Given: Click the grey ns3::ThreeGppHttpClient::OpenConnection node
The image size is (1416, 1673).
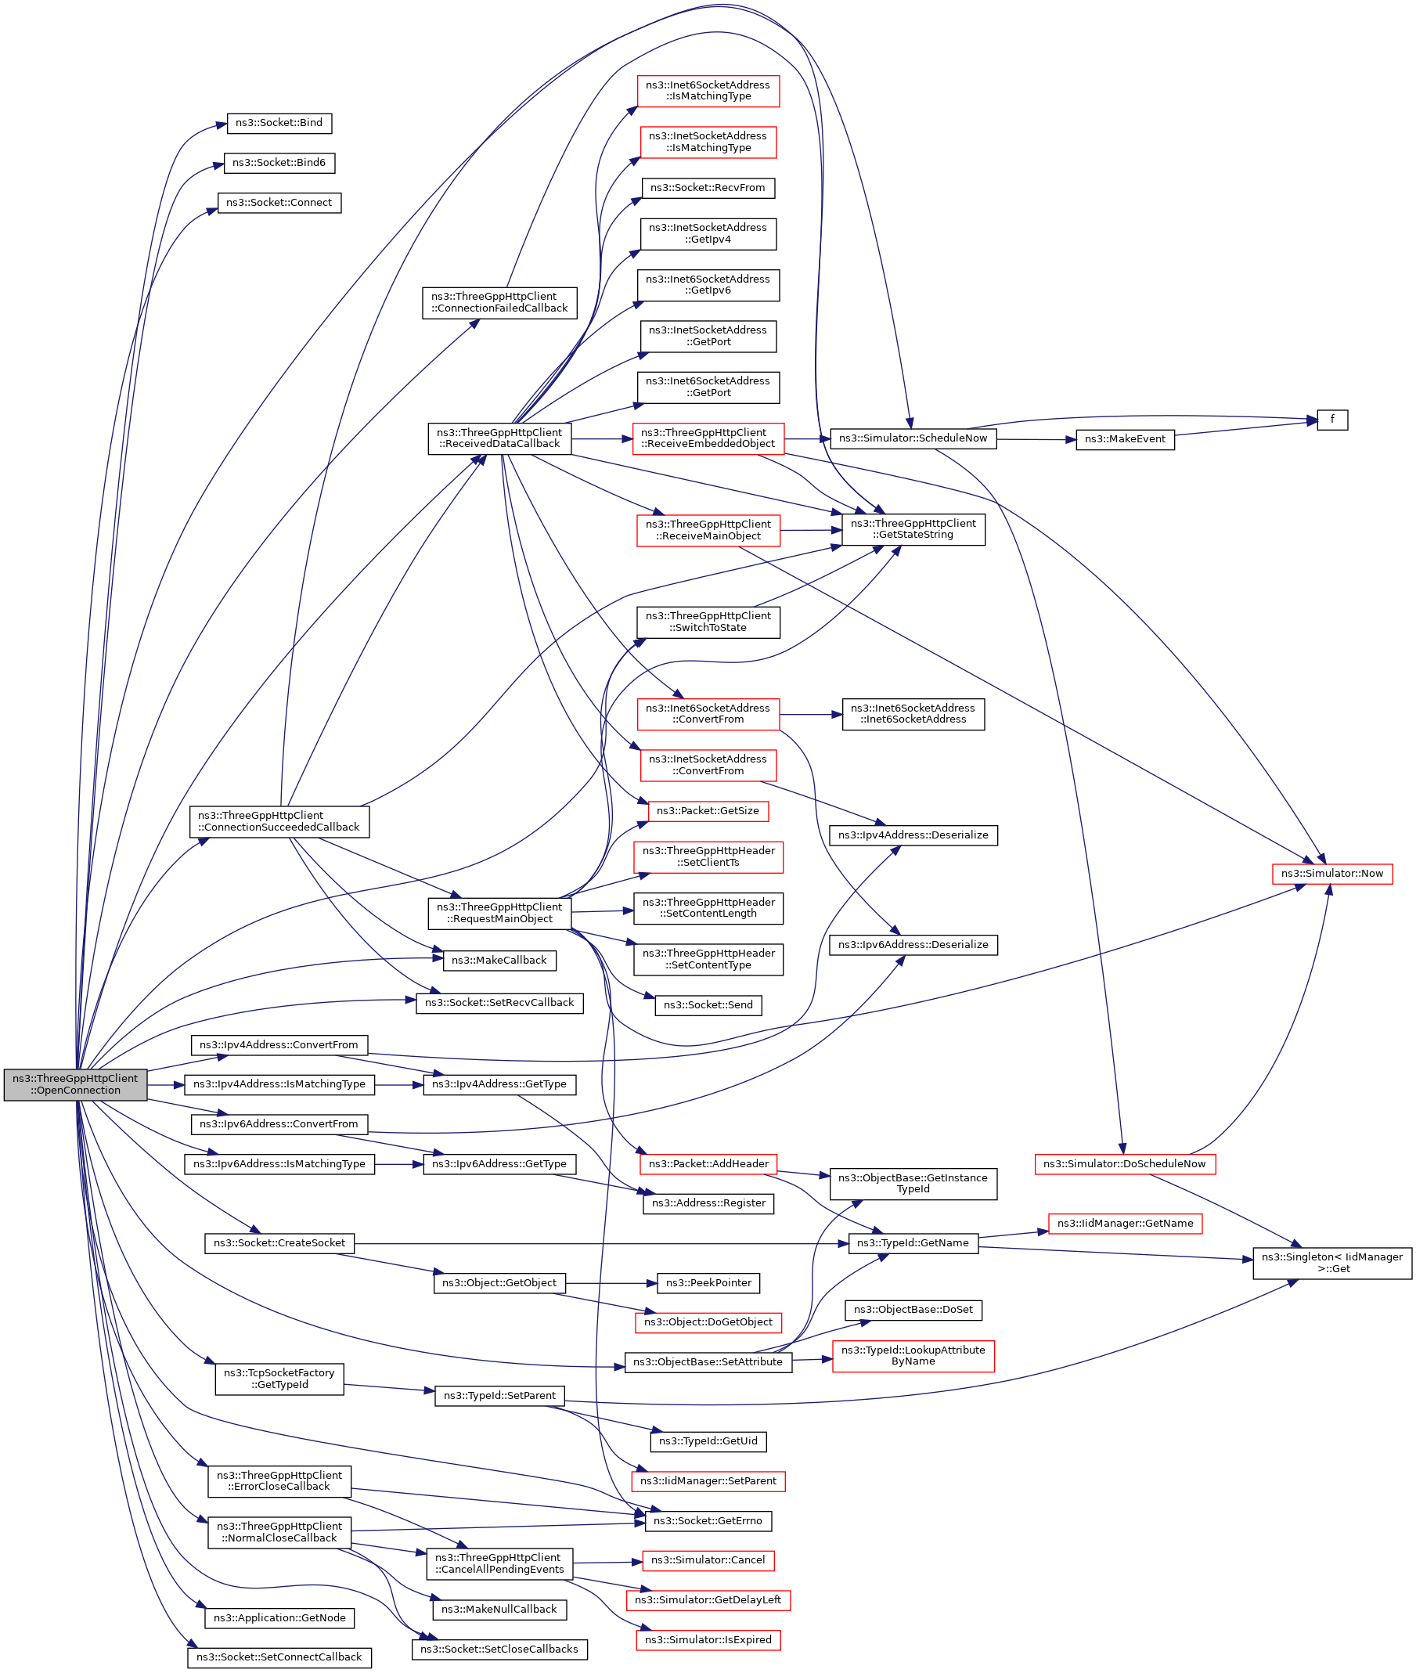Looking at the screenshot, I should point(75,1084).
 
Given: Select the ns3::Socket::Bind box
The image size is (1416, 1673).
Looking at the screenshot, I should point(279,124).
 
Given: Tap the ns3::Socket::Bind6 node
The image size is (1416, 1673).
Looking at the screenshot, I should point(279,163).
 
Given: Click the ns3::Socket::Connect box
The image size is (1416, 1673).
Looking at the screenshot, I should point(279,203).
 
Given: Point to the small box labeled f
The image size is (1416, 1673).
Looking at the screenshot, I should point(1331,420).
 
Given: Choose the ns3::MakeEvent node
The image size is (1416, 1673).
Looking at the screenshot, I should point(1125,440).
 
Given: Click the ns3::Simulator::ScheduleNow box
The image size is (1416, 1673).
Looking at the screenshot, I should point(913,439).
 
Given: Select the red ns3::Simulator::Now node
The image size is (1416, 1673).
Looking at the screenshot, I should point(1331,874).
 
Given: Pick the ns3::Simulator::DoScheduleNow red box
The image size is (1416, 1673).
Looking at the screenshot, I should point(1125,1164).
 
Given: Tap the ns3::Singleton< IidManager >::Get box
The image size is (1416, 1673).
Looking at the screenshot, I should point(1331,1263).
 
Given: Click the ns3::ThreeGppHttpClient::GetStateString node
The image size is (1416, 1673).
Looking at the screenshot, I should point(913,530).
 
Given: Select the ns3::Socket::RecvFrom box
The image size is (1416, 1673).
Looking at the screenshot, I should point(707,189).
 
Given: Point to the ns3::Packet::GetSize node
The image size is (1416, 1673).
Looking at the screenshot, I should point(707,812).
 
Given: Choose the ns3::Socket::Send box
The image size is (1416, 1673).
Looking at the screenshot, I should point(707,1006).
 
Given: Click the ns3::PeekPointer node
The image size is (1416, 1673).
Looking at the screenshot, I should point(707,1283).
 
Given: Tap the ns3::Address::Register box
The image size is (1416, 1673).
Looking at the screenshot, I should point(707,1203).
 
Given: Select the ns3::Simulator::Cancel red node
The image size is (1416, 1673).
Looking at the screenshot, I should point(707,1560).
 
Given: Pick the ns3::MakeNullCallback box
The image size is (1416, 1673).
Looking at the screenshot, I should point(499,1610).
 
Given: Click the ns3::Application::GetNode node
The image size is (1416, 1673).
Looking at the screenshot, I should point(279,1617).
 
